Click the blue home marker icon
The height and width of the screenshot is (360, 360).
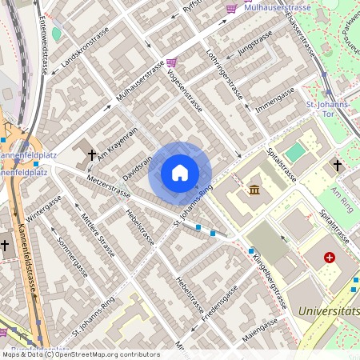pos(180,173)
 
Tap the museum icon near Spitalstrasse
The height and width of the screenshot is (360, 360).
pos(254,190)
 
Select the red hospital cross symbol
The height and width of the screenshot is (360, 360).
pos(329,258)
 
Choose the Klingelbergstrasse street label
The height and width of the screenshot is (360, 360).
pos(270,280)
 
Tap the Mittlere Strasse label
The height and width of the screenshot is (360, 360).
pos(96,234)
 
